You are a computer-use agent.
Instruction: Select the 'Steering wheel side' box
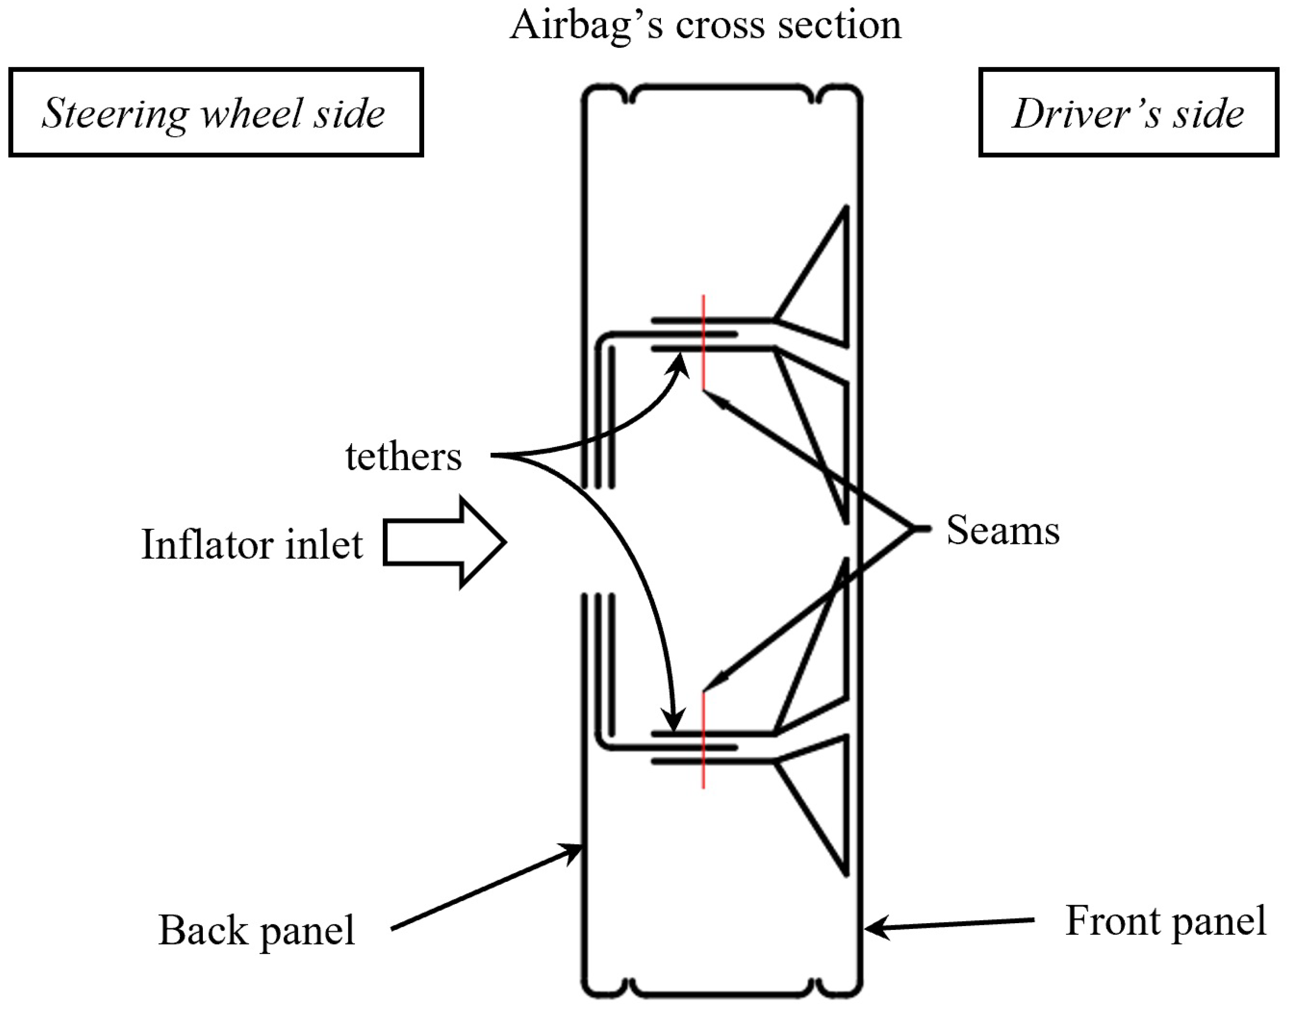pyautogui.click(x=215, y=112)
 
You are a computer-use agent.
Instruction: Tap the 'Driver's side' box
pyautogui.click(x=1128, y=112)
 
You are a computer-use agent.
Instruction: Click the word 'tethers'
pyautogui.click(x=403, y=457)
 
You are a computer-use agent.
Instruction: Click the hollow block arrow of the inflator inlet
pyautogui.click(x=443, y=543)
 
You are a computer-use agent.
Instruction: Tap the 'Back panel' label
pyautogui.click(x=256, y=930)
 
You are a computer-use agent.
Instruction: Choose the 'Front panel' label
pyautogui.click(x=1165, y=920)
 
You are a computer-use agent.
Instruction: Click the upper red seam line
pyautogui.click(x=703, y=342)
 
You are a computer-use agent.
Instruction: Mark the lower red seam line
pyautogui.click(x=703, y=740)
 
